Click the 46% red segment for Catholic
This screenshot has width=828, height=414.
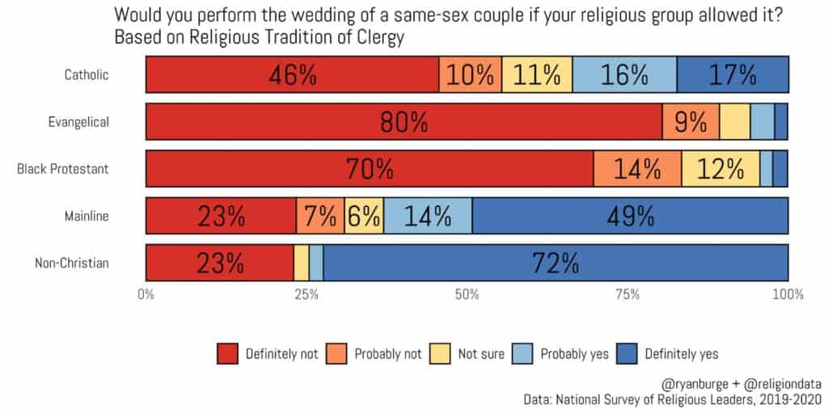pos(292,75)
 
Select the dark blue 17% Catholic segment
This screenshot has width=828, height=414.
pos(733,75)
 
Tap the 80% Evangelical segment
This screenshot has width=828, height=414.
pos(403,122)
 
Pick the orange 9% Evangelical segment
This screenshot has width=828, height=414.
pos(691,122)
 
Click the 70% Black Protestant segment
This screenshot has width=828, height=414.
pos(370,169)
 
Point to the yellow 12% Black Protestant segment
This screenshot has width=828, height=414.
pos(720,169)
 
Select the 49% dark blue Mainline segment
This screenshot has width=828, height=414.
pos(630,216)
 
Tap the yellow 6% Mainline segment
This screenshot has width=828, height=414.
pos(364,216)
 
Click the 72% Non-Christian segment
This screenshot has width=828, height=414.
pos(556,263)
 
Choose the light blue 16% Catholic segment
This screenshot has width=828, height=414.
pos(624,75)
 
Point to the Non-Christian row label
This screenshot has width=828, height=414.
pos(73,263)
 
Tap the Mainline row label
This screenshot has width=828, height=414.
pos(87,216)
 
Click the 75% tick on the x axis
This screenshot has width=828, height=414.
pos(628,294)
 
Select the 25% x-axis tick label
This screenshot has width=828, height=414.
pos(306,294)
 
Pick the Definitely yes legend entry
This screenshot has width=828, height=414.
pos(678,353)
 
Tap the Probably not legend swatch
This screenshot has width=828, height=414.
pos(338,353)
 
